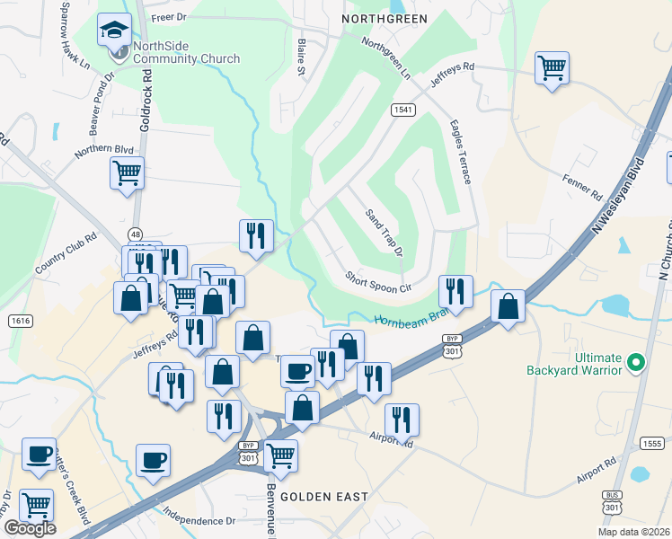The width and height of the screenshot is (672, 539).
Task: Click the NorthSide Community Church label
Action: (186, 53)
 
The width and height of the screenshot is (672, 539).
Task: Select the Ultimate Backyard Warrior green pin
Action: (636, 363)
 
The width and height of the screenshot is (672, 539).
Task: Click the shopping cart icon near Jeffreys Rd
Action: (551, 68)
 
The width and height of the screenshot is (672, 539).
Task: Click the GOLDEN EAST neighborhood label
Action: (324, 496)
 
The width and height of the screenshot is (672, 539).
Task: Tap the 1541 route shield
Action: (402, 109)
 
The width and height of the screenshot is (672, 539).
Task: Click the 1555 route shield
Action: (652, 443)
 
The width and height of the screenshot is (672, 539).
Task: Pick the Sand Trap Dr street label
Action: (384, 232)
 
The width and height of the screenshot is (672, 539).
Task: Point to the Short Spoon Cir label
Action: (378, 282)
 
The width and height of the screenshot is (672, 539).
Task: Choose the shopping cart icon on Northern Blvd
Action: (127, 173)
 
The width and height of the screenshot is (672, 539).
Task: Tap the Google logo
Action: (30, 528)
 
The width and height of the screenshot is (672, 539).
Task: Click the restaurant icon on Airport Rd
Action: (402, 420)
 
